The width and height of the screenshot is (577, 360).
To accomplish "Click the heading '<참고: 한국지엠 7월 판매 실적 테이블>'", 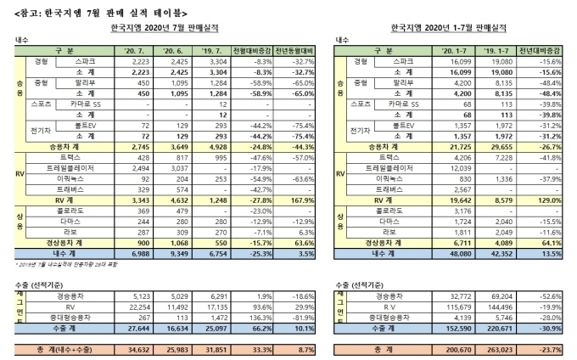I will [x=76, y=8].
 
